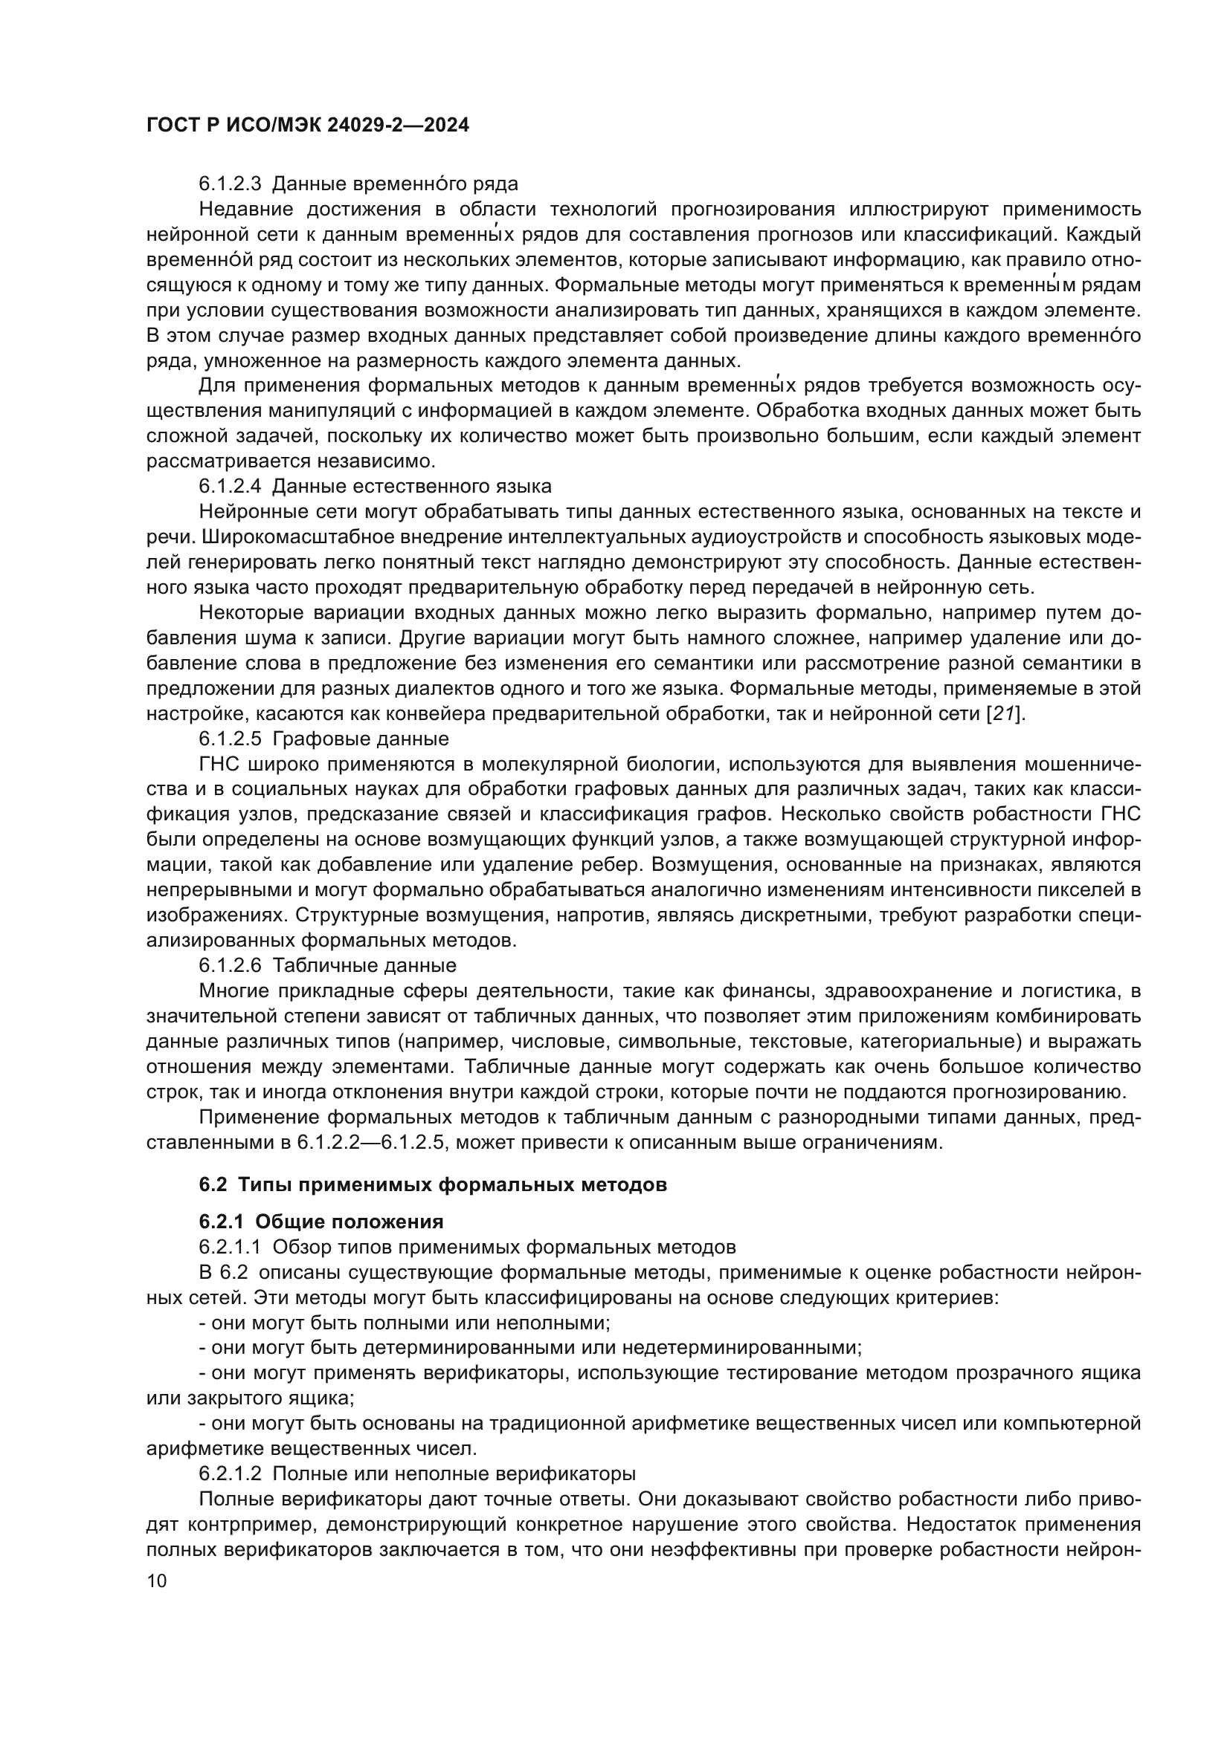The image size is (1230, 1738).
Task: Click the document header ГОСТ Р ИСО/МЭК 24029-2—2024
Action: (308, 125)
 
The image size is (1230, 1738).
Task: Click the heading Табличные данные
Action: (364, 965)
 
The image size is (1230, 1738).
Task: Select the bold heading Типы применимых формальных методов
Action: (453, 1184)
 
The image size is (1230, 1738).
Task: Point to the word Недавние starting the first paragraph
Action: (247, 209)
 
